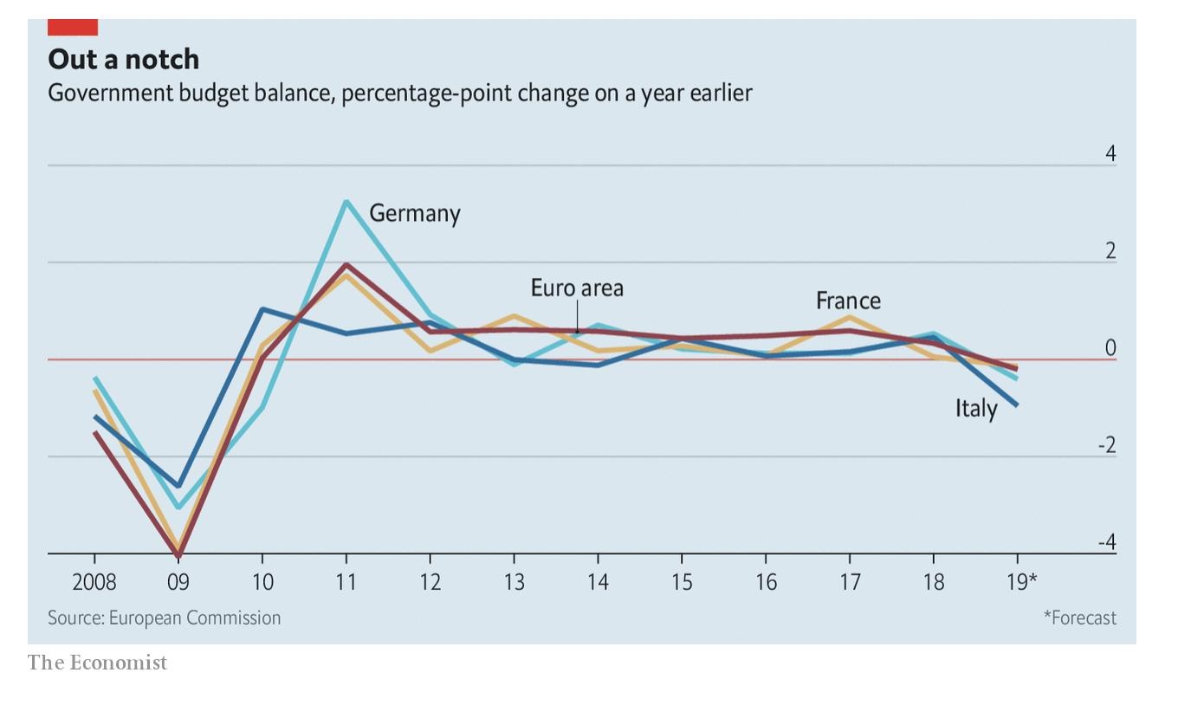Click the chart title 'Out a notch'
click(x=124, y=59)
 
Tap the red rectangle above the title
click(x=73, y=27)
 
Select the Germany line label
click(x=415, y=213)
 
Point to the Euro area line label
click(x=577, y=288)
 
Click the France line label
click(x=848, y=301)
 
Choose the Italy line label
click(x=976, y=408)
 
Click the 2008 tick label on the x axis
click(x=94, y=581)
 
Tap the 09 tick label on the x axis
click(x=178, y=581)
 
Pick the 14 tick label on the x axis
click(x=598, y=581)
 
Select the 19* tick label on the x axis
click(x=1021, y=581)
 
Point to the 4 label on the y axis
click(x=1110, y=154)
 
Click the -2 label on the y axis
click(x=1107, y=446)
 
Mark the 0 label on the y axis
click(x=1110, y=348)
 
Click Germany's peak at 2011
click(x=346, y=202)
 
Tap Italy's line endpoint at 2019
click(x=1017, y=404)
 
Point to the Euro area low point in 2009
click(x=178, y=555)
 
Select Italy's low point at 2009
click(x=178, y=486)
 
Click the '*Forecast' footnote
click(x=1079, y=618)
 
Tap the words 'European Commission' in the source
click(x=195, y=618)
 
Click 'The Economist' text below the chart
click(x=97, y=663)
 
